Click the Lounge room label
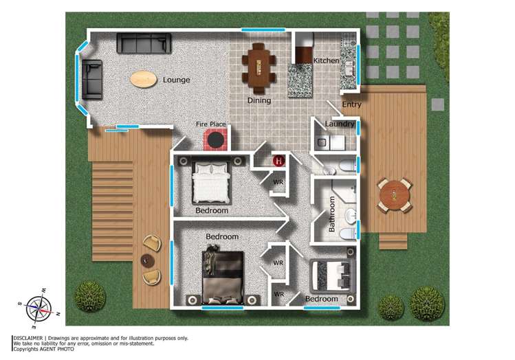(x=176, y=80)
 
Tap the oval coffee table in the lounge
(x=143, y=79)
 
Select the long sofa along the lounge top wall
(x=144, y=43)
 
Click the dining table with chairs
(x=260, y=67)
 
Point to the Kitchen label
(x=326, y=61)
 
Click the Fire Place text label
(x=211, y=124)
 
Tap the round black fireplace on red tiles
(x=217, y=141)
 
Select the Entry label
(x=351, y=105)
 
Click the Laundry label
(x=340, y=124)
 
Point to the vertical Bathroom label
(x=331, y=214)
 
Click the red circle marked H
(x=279, y=161)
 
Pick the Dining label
(x=259, y=101)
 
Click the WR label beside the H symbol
(x=278, y=182)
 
